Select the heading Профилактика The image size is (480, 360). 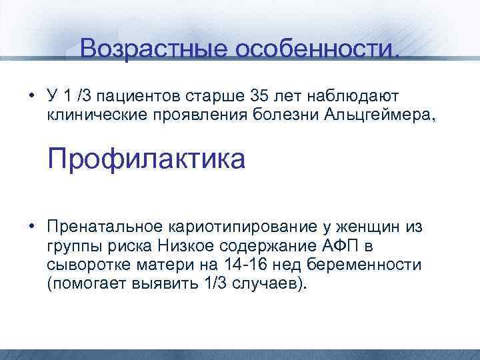pyautogui.click(x=146, y=160)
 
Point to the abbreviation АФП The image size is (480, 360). pyautogui.click(x=342, y=246)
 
